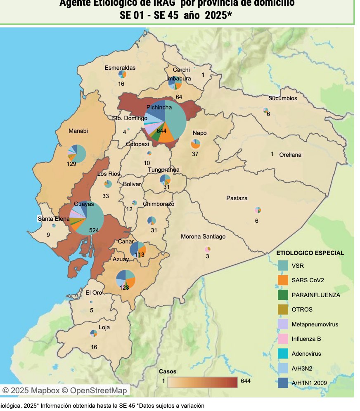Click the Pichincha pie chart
click(165, 121)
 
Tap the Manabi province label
click(78, 131)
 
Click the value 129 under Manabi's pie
click(71, 164)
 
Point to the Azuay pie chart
click(126, 279)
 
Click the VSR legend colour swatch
click(283, 265)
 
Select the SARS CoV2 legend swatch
click(283, 280)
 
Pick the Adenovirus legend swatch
click(283, 354)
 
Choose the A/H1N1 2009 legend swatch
click(283, 383)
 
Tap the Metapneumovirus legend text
click(315, 324)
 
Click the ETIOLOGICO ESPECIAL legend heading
click(310, 253)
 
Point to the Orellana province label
click(290, 155)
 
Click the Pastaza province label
click(237, 198)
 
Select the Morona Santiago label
click(203, 236)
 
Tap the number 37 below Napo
click(195, 154)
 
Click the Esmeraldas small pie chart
click(122, 74)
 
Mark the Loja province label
click(104, 328)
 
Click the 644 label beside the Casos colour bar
click(245, 381)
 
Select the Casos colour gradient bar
click(202, 382)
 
